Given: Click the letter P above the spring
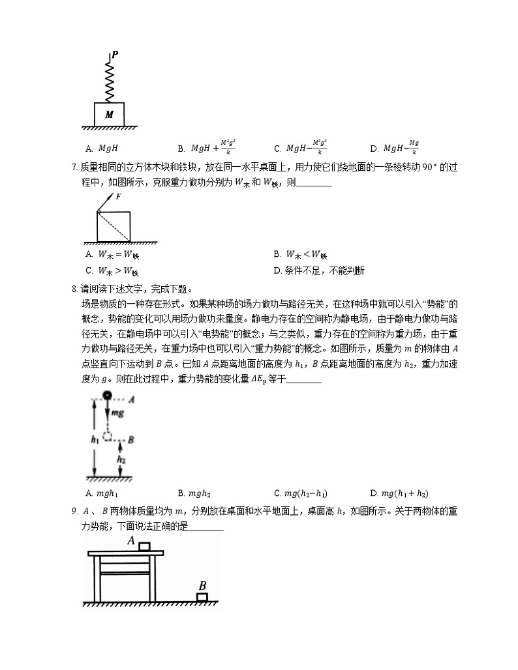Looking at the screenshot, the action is [x=115, y=55].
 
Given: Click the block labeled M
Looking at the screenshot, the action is [x=109, y=114].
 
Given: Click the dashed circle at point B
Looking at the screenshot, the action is [x=109, y=435].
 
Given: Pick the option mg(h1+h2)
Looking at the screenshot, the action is [x=399, y=493].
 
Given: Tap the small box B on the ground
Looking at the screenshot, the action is [x=203, y=596].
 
